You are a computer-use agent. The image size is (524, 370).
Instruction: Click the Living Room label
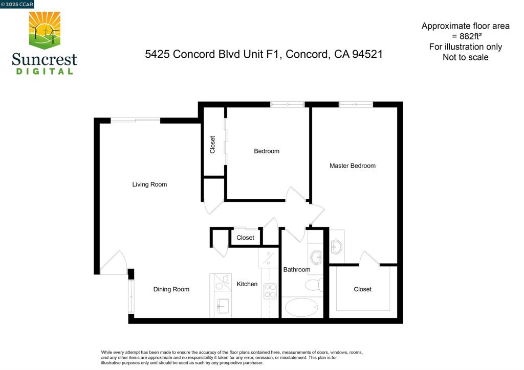coord(149,184)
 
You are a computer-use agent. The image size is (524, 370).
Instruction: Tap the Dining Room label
coord(171,289)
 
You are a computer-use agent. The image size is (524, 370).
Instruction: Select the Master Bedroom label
coord(352,166)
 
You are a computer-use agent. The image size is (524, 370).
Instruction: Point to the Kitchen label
coord(247,284)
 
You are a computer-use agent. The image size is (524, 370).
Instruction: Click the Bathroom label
coord(297,269)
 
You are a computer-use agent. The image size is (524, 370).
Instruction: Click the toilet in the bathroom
coord(314,285)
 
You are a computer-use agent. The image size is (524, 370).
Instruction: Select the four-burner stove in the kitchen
coord(270,291)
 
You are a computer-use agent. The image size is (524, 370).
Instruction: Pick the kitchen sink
coord(223,306)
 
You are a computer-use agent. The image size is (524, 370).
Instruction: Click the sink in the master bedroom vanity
coord(336,247)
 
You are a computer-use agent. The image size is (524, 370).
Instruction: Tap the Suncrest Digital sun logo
coord(45,30)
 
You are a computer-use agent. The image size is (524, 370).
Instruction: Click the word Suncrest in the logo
coord(45,59)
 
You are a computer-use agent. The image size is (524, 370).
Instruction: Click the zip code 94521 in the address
coord(367,54)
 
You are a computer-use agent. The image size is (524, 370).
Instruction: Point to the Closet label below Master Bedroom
coord(362,289)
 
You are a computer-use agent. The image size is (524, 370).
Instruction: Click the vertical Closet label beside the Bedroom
coord(212,145)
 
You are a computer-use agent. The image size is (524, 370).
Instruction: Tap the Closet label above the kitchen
coord(245,238)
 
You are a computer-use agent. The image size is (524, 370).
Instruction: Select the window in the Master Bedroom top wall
coord(356,104)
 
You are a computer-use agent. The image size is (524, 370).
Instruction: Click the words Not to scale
coord(466,57)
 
